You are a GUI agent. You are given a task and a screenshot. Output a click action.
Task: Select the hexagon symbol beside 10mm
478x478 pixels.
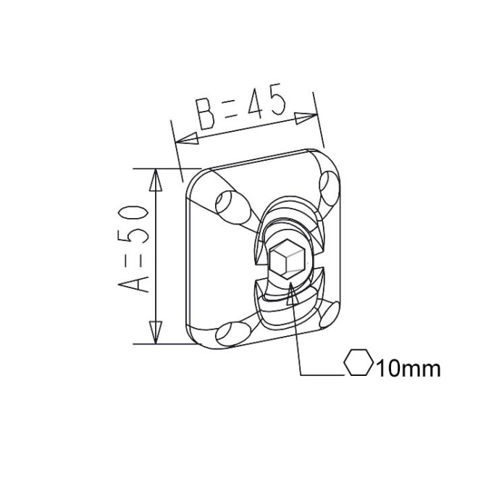(x=358, y=364)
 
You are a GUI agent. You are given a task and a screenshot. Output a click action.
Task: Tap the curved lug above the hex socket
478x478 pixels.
(x=288, y=217)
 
